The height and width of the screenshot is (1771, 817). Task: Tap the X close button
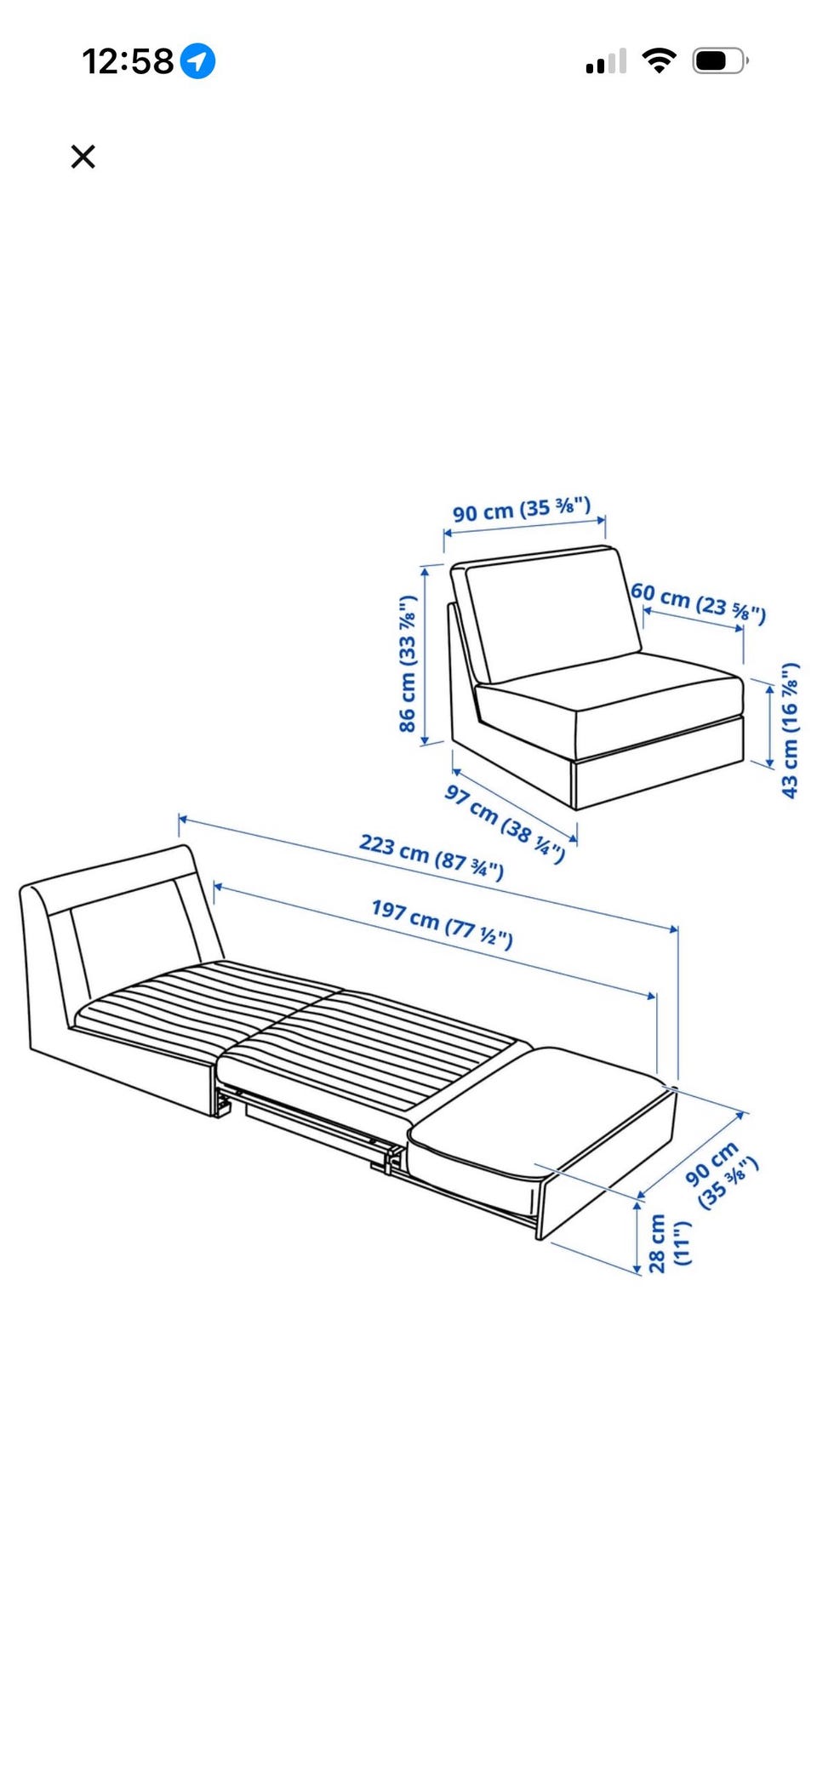coord(83,157)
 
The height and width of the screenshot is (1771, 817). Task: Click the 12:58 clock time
coord(128,61)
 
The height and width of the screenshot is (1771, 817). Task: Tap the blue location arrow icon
coord(197,61)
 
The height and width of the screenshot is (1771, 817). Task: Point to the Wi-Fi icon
coord(659,60)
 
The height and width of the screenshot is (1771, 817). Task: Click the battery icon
coord(720,60)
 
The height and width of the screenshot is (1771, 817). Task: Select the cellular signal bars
coord(606,61)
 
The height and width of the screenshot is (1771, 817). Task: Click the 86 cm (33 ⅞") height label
coord(408,664)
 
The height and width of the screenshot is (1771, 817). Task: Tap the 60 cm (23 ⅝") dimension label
coord(699,603)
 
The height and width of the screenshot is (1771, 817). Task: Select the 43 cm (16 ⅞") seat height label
coord(790,730)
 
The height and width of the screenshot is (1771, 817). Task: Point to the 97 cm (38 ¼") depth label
coord(505,823)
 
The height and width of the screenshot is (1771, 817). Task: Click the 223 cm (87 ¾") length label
coord(431,856)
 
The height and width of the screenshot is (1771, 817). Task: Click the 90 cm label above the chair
coord(522,509)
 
